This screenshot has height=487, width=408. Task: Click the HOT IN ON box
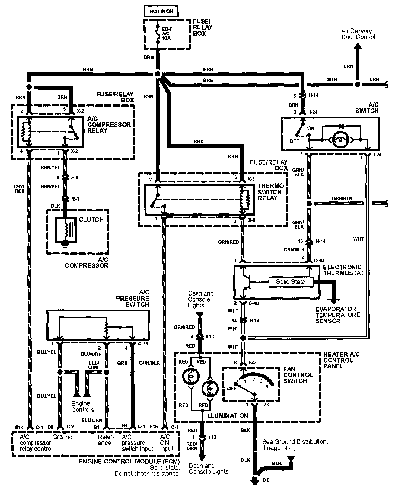click(x=161, y=11)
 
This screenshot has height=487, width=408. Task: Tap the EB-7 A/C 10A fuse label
click(x=166, y=33)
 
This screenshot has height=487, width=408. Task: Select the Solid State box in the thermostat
click(x=290, y=282)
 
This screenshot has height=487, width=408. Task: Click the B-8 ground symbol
click(x=255, y=479)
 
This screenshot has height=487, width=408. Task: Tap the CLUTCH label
click(x=91, y=220)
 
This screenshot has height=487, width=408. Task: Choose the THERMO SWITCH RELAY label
click(x=270, y=192)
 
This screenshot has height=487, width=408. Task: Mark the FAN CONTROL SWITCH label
click(x=298, y=375)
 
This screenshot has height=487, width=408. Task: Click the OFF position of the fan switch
click(x=231, y=388)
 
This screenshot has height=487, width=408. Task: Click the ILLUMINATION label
click(x=226, y=416)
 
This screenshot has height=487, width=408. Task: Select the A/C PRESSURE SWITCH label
click(x=133, y=299)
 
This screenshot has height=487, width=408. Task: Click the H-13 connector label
click(x=314, y=95)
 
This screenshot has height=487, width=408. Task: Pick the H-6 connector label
click(x=75, y=178)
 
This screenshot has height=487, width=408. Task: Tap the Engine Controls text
click(x=82, y=407)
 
